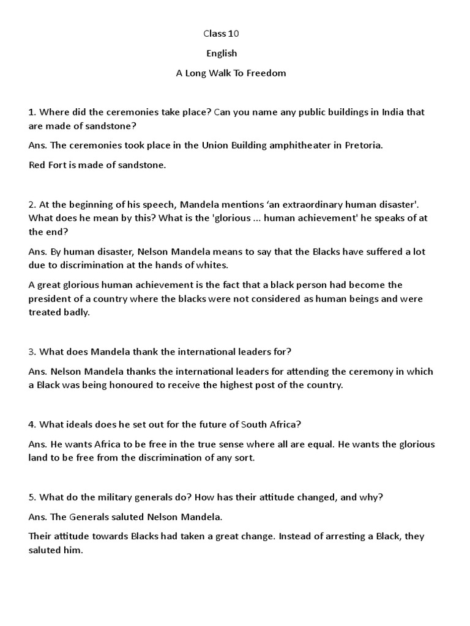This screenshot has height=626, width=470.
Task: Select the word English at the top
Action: [222, 53]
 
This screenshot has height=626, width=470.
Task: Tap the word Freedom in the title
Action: [266, 73]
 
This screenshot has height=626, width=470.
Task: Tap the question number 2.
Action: [31, 205]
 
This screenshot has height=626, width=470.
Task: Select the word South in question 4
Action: [255, 424]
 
